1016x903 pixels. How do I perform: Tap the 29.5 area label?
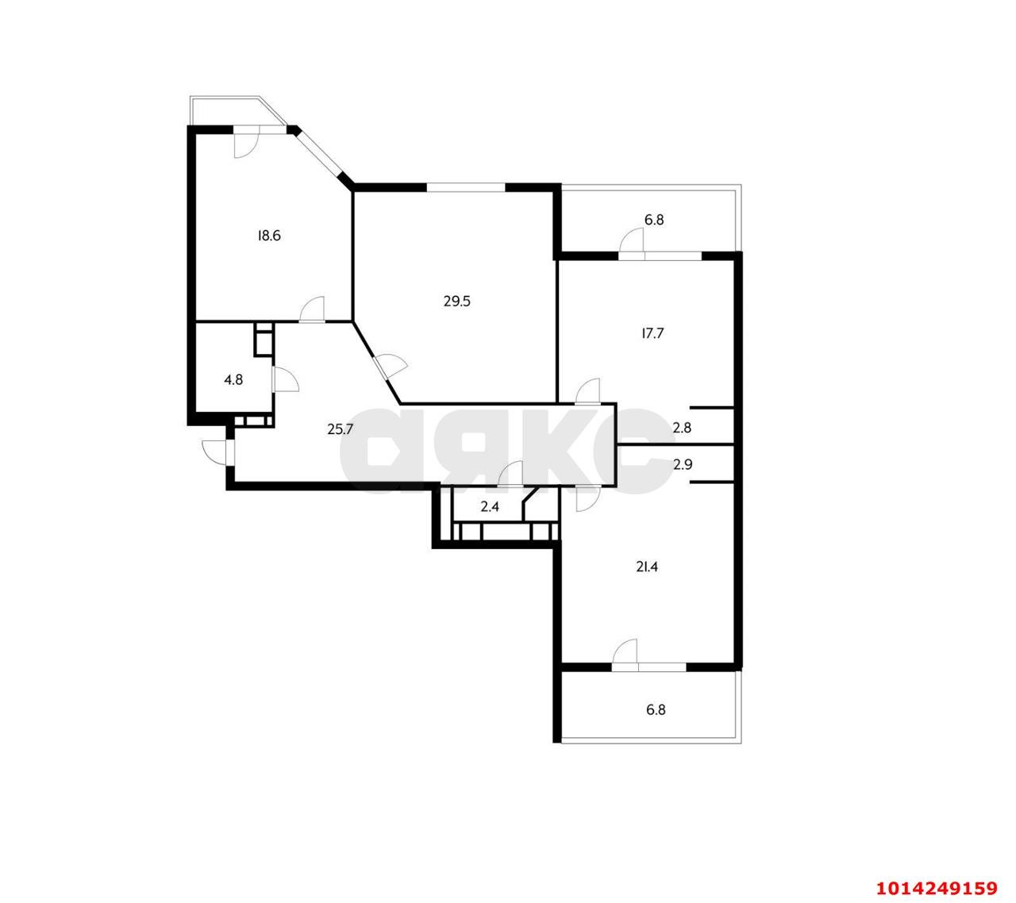click(x=457, y=301)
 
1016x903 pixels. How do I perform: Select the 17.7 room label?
click(x=652, y=333)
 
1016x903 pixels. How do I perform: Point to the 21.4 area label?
click(x=648, y=567)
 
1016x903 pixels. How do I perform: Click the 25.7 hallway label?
click(x=340, y=429)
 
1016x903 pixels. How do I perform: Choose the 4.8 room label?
click(x=233, y=379)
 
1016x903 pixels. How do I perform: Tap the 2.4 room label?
click(x=490, y=506)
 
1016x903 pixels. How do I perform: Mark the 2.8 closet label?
click(x=682, y=428)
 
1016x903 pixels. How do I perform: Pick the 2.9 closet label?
click(x=682, y=465)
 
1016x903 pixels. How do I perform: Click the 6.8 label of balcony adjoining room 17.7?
click(x=653, y=220)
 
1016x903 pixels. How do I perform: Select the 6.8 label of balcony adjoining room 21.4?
click(x=655, y=710)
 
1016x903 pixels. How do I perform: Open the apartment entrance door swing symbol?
click(x=216, y=451)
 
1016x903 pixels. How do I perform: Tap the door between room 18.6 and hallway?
click(x=313, y=309)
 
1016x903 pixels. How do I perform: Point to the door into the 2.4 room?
click(x=510, y=474)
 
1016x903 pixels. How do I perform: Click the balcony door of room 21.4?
click(x=625, y=653)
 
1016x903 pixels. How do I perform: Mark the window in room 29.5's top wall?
click(x=466, y=187)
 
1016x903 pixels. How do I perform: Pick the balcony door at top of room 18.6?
click(x=245, y=143)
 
